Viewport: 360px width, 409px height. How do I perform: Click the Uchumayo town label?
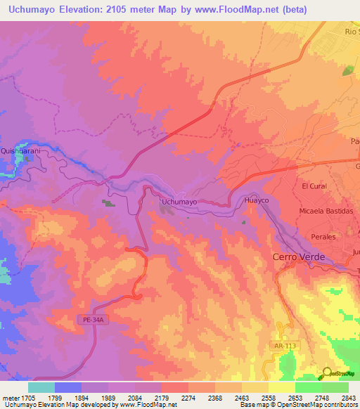click(x=179, y=202)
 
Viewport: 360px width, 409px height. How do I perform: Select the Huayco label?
click(x=257, y=200)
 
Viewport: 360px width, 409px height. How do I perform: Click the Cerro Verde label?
click(x=299, y=257)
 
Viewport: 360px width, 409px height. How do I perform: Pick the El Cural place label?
click(x=315, y=186)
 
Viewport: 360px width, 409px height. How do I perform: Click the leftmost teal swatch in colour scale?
click(x=41, y=387)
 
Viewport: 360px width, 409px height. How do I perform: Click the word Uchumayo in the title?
click(x=38, y=8)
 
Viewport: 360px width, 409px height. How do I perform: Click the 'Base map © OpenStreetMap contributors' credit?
click(x=299, y=405)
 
